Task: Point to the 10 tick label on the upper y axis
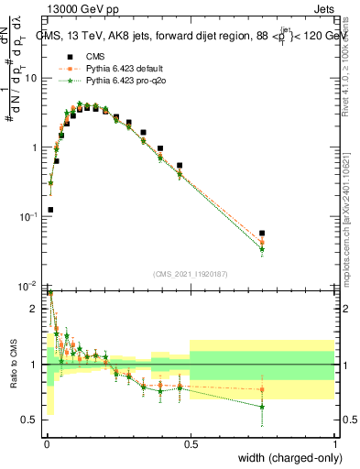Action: (x=32, y=78)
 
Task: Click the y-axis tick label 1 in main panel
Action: (x=37, y=147)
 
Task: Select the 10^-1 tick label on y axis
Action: (x=30, y=216)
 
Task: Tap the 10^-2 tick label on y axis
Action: (x=30, y=286)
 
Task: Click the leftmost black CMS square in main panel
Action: (x=49, y=210)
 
